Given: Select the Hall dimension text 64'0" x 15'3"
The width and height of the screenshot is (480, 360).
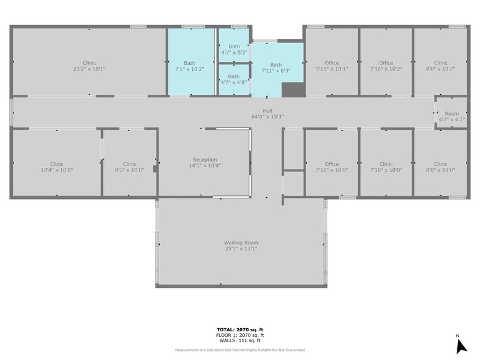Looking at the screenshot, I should pos(268,116).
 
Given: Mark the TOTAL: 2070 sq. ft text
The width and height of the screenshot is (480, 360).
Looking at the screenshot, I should pos(239,329).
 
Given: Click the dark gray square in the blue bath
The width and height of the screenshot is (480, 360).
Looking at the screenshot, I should pos(292,89).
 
